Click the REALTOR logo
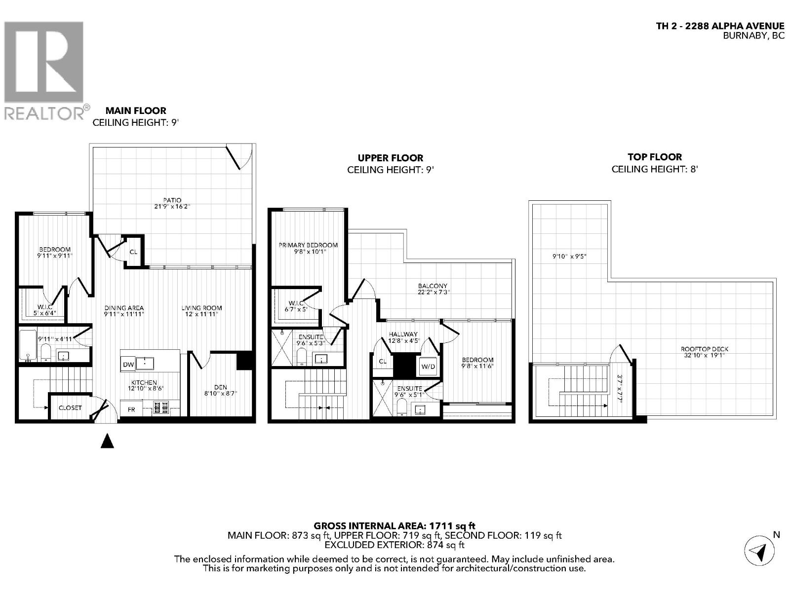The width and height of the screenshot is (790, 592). [x=44, y=69]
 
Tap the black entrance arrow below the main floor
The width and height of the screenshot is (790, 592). [x=107, y=441]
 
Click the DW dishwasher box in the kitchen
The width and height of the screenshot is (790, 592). [x=127, y=365]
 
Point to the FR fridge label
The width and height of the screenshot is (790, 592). [x=131, y=409]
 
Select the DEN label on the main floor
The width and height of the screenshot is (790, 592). [x=221, y=387]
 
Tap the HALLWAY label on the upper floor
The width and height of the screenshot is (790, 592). [x=403, y=334]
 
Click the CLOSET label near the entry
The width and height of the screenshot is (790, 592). [x=70, y=408]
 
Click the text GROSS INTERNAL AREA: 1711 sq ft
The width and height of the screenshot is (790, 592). [x=395, y=526]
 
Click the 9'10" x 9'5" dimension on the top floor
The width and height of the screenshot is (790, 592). [x=569, y=257]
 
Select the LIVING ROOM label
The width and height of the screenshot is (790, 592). [x=201, y=308]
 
